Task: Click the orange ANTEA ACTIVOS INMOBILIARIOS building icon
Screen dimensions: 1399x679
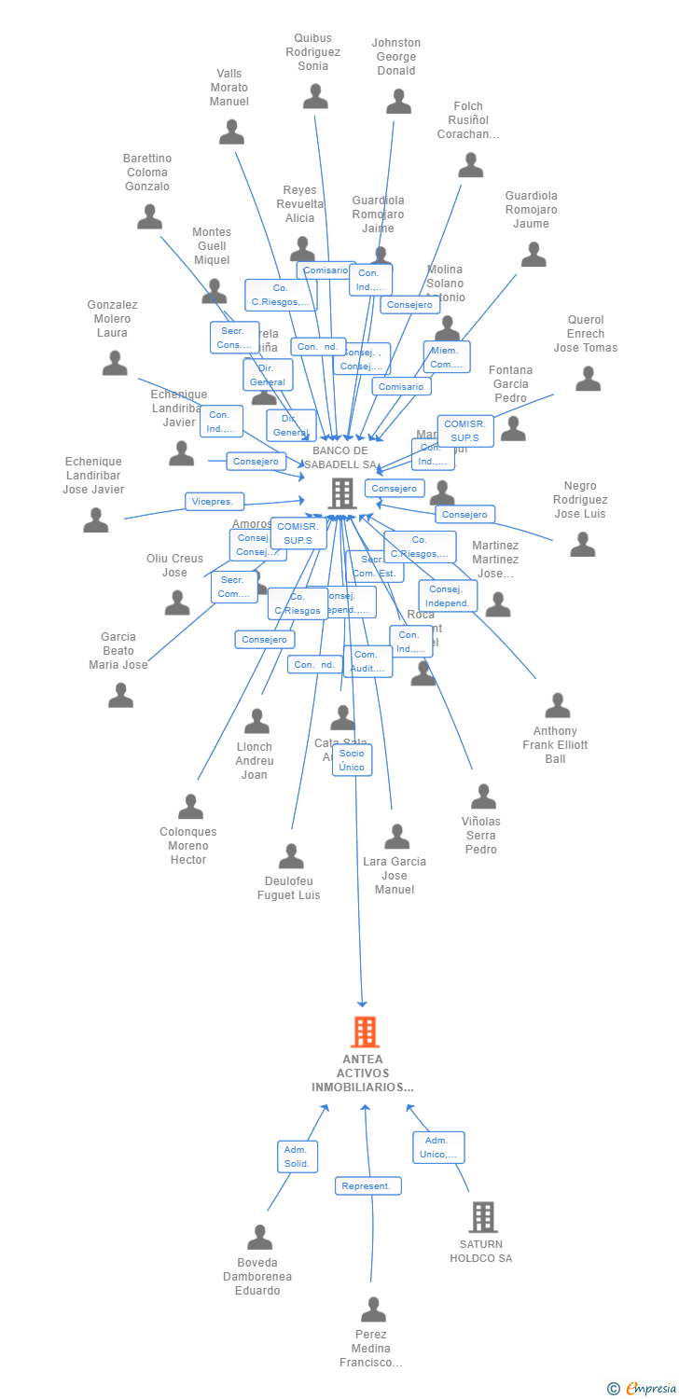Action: click(365, 1032)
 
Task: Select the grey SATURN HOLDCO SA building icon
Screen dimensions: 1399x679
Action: click(482, 1216)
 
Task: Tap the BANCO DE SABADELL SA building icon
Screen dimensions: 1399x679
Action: click(342, 493)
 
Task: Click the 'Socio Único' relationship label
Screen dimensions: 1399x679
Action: click(352, 760)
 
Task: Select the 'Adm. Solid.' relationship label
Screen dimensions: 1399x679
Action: click(298, 1157)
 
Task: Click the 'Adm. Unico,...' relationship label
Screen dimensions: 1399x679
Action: click(438, 1147)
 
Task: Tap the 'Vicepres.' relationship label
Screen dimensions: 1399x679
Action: click(215, 502)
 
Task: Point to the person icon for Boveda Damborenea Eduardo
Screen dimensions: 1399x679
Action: click(259, 1237)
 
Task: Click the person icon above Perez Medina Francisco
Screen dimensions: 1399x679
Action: click(373, 1309)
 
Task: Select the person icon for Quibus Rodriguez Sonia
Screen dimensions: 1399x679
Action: click(315, 96)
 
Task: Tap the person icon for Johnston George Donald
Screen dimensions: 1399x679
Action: click(398, 101)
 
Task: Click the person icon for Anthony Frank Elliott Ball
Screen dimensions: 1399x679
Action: click(557, 705)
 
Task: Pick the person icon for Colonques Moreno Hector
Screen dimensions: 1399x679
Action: click(190, 806)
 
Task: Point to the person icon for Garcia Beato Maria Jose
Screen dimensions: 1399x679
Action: click(120, 695)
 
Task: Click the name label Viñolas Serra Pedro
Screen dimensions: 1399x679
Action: click(481, 836)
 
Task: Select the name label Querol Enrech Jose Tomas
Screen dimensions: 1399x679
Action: click(586, 334)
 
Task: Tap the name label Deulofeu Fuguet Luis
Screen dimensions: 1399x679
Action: click(289, 889)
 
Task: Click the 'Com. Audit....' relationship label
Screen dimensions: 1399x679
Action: click(367, 661)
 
